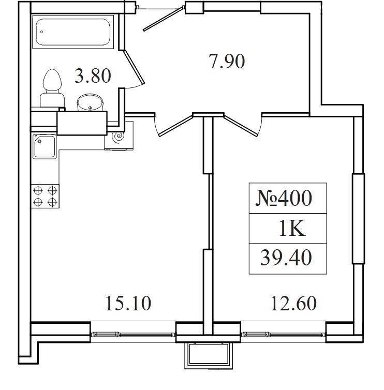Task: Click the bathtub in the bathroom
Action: [x=73, y=32]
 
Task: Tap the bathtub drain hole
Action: [x=41, y=32]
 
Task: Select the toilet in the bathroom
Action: [x=52, y=88]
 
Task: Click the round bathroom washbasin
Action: [x=90, y=102]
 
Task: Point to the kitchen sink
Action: [x=45, y=147]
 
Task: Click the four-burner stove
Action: [x=45, y=196]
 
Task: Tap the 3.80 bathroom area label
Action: [x=93, y=76]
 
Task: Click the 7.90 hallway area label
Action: [x=227, y=61]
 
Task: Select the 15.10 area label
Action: [x=128, y=303]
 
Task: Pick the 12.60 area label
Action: [x=293, y=303]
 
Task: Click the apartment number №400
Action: [x=284, y=198]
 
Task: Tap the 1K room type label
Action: [x=292, y=228]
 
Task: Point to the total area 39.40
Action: [x=286, y=258]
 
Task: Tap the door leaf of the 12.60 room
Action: [x=241, y=125]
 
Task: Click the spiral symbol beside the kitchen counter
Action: [x=118, y=137]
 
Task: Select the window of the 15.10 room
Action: [x=133, y=332]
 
